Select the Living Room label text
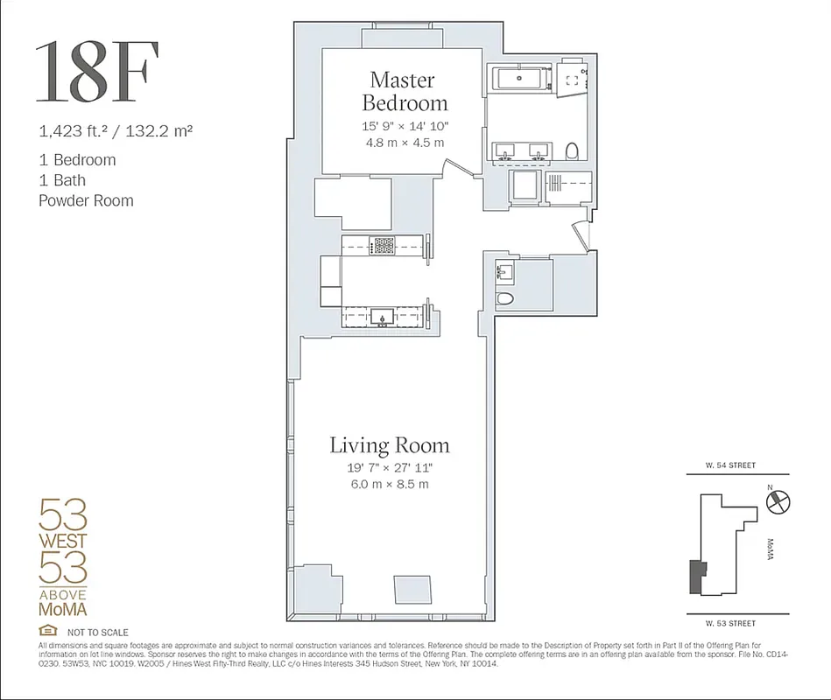389,445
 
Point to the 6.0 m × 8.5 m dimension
389,484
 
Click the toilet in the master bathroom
573,152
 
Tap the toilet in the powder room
504,299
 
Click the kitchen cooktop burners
384,245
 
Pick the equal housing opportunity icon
48,631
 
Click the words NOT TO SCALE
97,633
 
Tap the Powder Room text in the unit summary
86,200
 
